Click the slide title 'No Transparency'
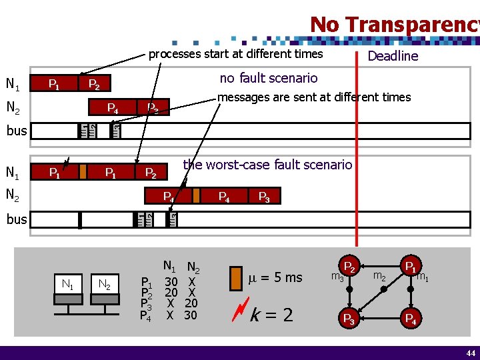click(x=394, y=24)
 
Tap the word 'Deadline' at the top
click(x=393, y=56)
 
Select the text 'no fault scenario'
click(x=269, y=78)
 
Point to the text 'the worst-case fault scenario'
click(x=267, y=164)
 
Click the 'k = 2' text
click(x=271, y=315)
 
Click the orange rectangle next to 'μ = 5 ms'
click(x=235, y=278)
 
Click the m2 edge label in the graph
click(x=380, y=275)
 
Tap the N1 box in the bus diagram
click(x=67, y=285)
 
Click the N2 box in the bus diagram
click(x=103, y=285)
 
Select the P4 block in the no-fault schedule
click(x=113, y=107)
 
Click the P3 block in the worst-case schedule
click(x=264, y=196)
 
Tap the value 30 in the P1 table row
click(x=171, y=282)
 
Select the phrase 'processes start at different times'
click(x=235, y=54)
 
